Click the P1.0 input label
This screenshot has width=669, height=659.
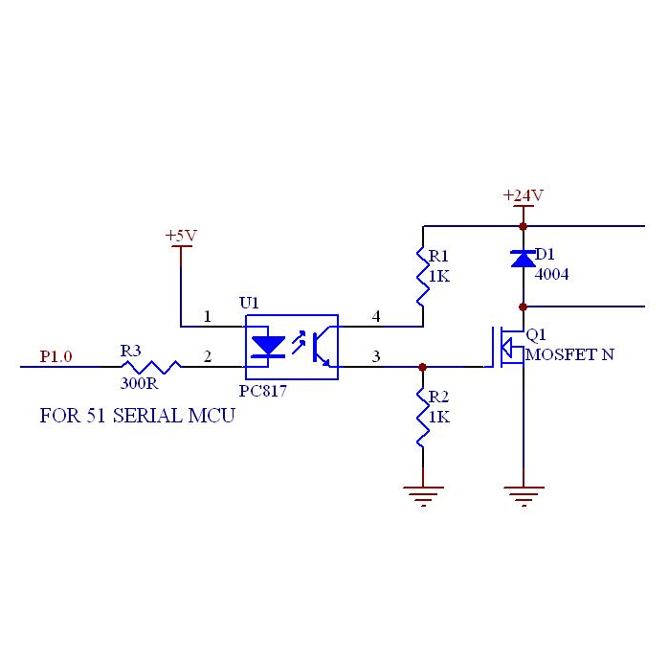tap(56, 356)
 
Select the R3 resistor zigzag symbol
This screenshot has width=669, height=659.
tap(151, 367)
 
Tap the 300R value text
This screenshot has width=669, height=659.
tap(139, 383)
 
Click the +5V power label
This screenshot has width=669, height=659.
tap(181, 236)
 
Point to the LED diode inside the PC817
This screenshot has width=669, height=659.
tap(268, 346)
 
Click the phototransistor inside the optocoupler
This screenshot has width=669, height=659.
tap(321, 347)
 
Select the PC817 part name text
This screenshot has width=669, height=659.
tap(262, 391)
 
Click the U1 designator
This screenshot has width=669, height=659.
tap(249, 304)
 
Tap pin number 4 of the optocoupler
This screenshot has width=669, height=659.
tap(376, 316)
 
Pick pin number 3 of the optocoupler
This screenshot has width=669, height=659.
tap(376, 356)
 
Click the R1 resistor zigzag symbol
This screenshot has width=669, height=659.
tap(422, 276)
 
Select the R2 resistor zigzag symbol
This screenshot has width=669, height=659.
tap(422, 418)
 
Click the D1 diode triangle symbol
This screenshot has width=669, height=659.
tap(524, 259)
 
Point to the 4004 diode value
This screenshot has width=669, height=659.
tap(551, 274)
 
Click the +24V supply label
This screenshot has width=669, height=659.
tap(524, 195)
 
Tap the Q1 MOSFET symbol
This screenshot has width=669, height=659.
tap(507, 347)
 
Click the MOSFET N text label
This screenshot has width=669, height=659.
tap(569, 354)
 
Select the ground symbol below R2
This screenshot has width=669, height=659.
tap(423, 496)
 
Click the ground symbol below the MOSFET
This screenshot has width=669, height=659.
tap(524, 496)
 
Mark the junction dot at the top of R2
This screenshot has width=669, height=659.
tap(422, 367)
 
